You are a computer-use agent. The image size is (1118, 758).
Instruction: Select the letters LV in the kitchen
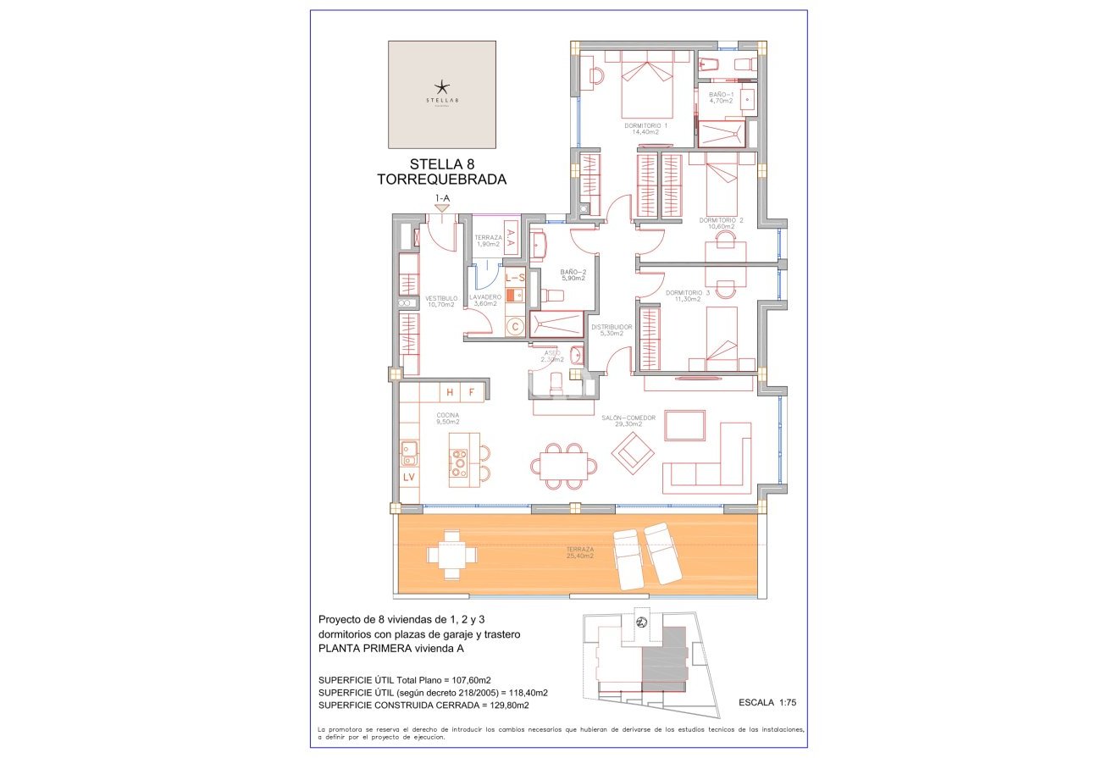tap(409, 477)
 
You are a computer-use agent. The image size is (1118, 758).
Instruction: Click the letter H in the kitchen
tap(450, 391)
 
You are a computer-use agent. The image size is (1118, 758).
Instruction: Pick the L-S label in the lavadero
tap(515, 277)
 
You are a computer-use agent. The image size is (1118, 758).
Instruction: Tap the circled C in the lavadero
tap(514, 326)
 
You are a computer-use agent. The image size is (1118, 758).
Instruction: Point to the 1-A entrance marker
tap(441, 198)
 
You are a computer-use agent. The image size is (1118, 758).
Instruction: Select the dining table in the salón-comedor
tap(563, 466)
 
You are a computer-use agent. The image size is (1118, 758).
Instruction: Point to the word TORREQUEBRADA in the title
tap(441, 180)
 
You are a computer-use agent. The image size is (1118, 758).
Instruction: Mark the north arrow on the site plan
tap(641, 624)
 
